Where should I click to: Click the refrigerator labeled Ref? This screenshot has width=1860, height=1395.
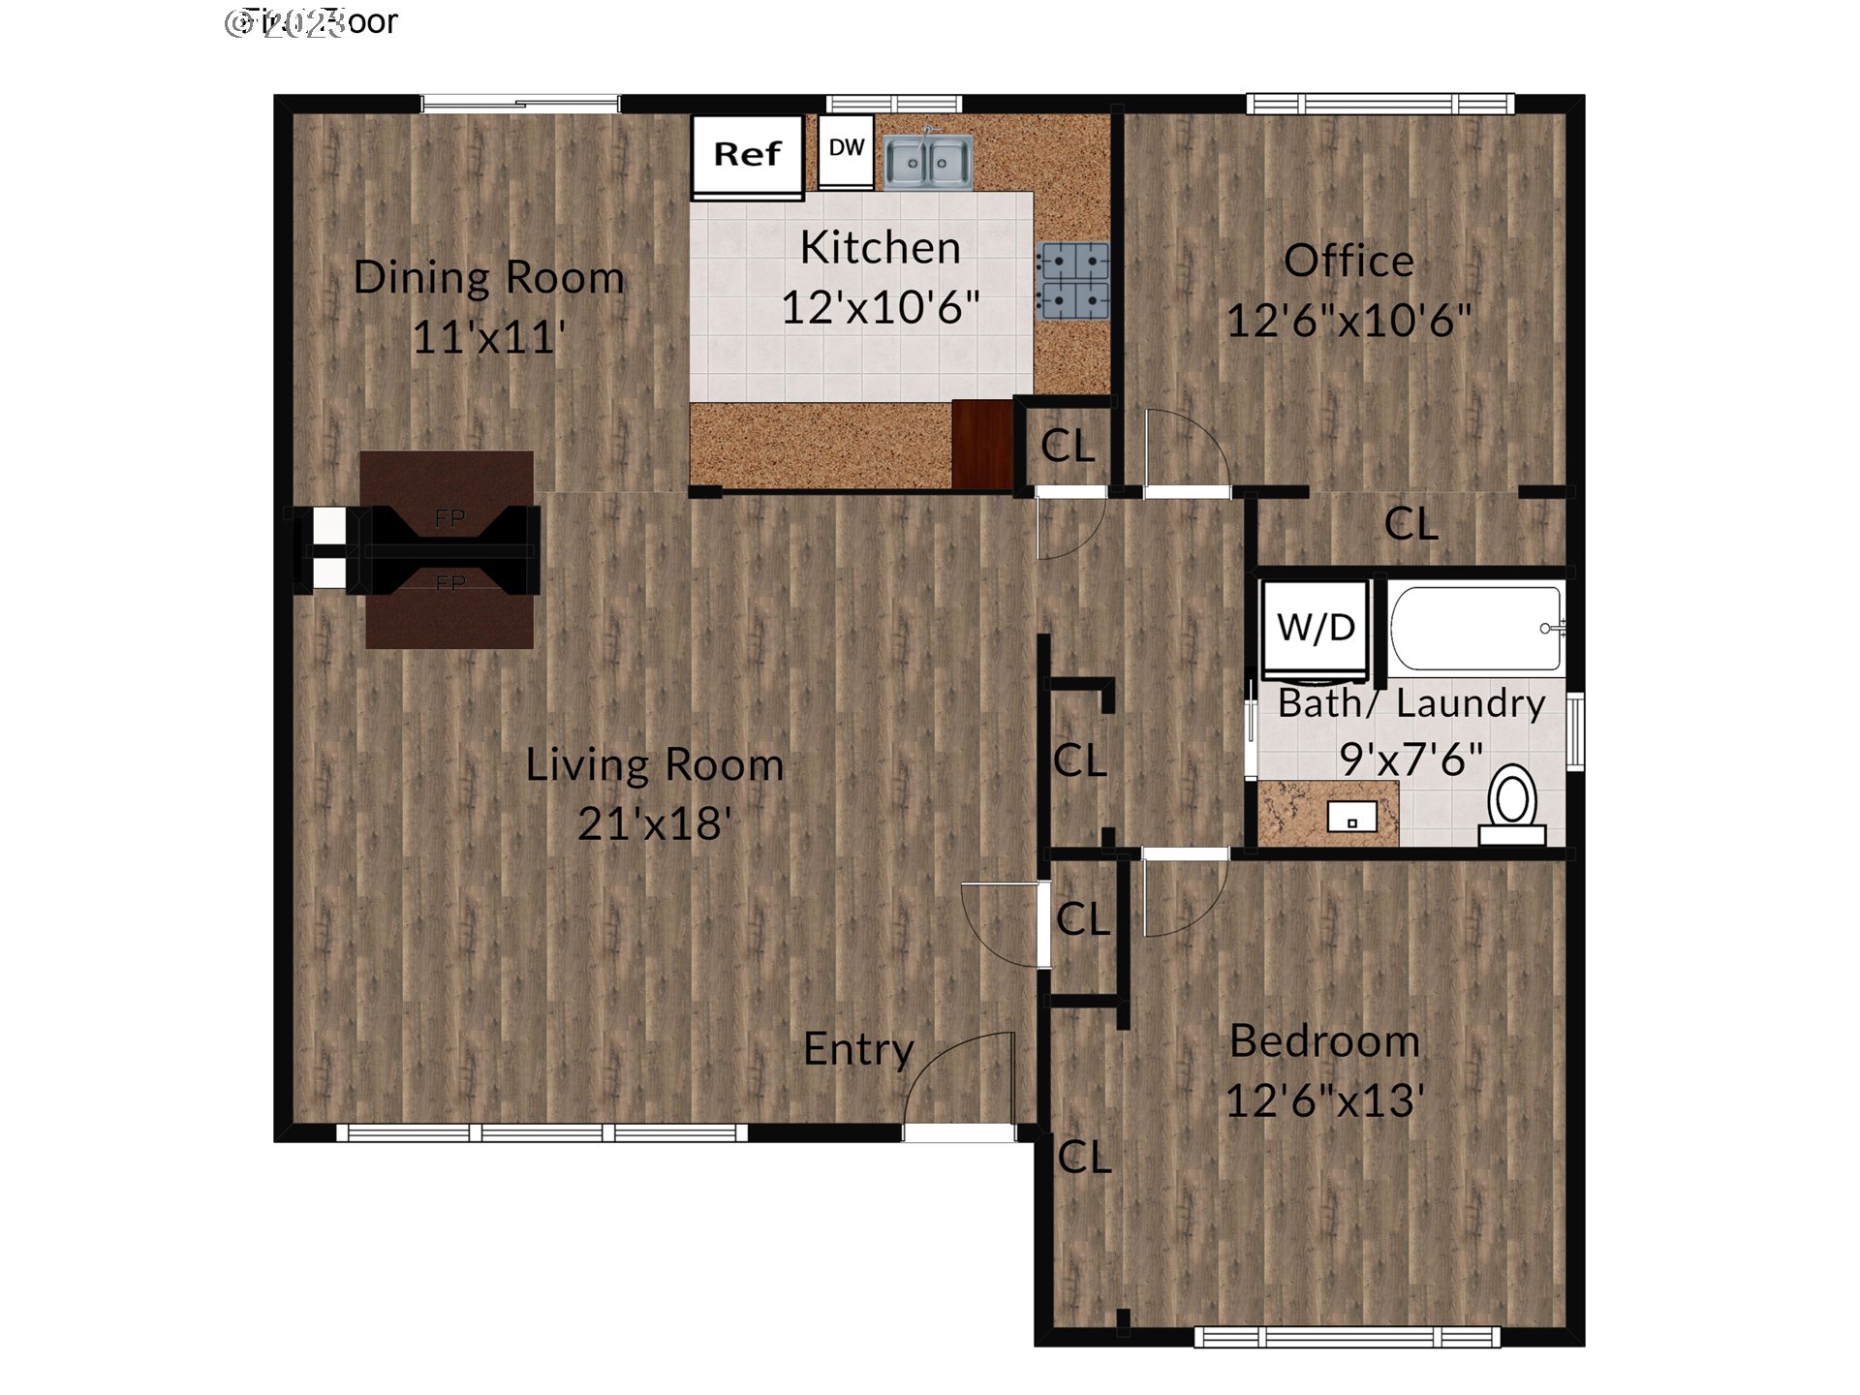[747, 155]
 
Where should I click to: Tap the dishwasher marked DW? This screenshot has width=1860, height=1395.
[846, 149]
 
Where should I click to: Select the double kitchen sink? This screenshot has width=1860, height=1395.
[927, 161]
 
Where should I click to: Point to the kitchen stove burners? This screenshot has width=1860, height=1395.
[1072, 281]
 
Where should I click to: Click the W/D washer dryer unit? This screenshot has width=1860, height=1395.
[1316, 628]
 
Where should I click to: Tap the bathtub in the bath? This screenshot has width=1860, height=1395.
[1475, 628]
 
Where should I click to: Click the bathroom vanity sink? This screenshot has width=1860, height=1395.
[1352, 819]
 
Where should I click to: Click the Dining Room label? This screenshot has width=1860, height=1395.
[488, 278]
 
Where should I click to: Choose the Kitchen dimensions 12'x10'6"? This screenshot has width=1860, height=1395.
[880, 308]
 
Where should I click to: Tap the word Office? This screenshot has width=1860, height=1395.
[1348, 262]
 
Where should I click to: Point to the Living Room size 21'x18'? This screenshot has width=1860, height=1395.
[654, 824]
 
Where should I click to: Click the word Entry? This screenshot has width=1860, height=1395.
[858, 1050]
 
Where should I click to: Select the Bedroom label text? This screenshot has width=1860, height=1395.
[1324, 1042]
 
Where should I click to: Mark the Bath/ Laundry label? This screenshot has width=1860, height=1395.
[1410, 704]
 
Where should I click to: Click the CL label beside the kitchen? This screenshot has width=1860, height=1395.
[1067, 447]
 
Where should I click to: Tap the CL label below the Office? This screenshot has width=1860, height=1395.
[1410, 525]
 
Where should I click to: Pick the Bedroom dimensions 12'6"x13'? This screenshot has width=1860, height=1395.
[1324, 1101]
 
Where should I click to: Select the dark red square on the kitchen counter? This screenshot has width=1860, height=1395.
[982, 445]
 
